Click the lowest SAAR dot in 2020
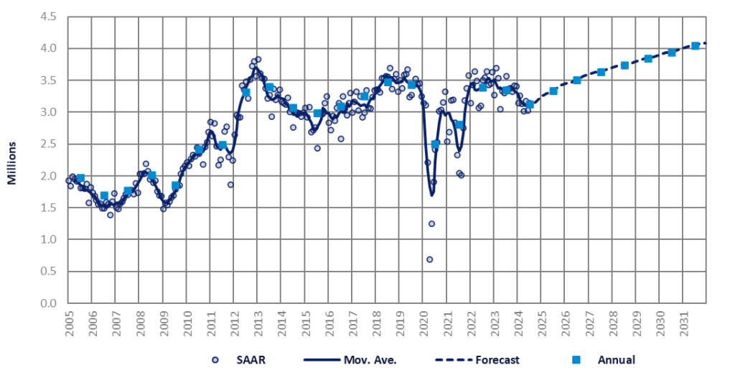point(429,259)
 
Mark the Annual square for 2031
point(695,46)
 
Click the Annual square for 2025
point(553,91)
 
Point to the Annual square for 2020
point(435,144)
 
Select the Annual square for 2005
point(80,178)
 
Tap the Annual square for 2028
point(624,65)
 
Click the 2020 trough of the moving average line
point(431,195)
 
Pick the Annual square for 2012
point(246,92)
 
